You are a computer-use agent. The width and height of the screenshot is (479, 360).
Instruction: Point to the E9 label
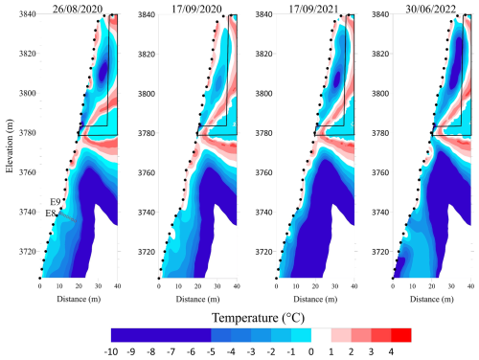coord(56,203)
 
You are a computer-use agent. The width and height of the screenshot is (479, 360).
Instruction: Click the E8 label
coord(52,214)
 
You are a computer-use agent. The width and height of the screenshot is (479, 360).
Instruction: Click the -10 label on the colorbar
coord(112,351)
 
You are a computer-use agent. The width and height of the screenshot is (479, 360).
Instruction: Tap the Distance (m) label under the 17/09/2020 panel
coord(196,299)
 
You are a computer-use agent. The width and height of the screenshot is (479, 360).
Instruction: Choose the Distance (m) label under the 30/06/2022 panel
coord(432,299)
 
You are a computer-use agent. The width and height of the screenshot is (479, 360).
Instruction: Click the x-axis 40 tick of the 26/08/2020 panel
coord(117,286)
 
